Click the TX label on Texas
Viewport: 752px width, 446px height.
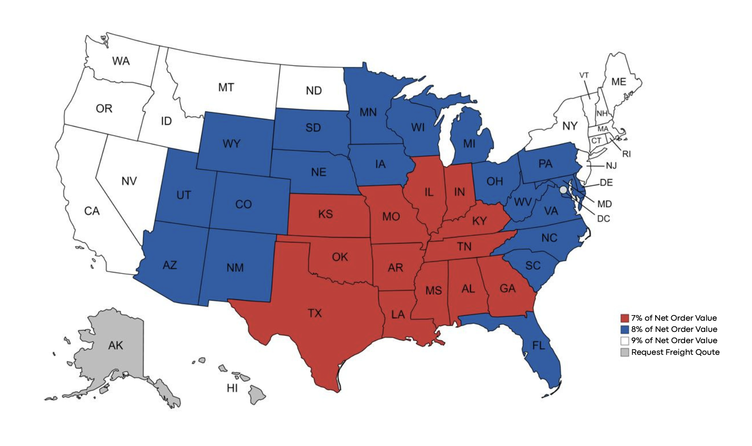(x=315, y=313)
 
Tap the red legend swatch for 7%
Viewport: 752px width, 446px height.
(x=624, y=318)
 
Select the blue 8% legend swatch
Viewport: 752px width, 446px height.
(x=624, y=330)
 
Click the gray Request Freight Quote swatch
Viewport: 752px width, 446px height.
(x=624, y=352)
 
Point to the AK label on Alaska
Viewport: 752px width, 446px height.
(x=116, y=345)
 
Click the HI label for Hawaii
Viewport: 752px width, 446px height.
(x=232, y=388)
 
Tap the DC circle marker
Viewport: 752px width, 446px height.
(x=563, y=190)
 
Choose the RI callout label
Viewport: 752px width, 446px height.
(x=626, y=154)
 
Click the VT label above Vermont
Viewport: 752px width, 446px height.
(x=584, y=75)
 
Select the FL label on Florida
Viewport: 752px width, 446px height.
(x=539, y=345)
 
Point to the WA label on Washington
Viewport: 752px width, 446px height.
(x=121, y=61)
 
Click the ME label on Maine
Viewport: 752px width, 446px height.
(x=618, y=82)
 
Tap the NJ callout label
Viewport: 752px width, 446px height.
(x=611, y=165)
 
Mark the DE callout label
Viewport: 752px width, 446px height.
(x=606, y=183)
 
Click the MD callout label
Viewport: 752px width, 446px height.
(x=604, y=204)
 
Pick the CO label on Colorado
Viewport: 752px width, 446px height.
(x=243, y=204)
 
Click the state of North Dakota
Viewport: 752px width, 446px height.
(x=313, y=90)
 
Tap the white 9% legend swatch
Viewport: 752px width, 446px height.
(x=624, y=341)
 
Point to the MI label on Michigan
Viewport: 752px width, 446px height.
(x=469, y=144)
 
